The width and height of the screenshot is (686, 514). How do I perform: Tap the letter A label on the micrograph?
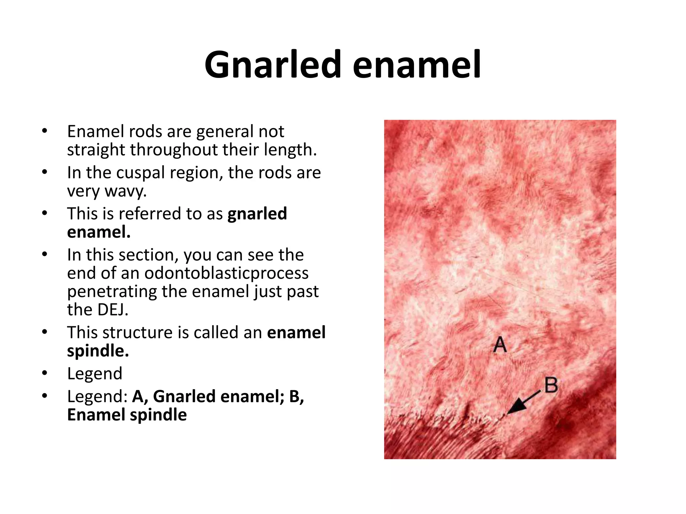click(x=500, y=344)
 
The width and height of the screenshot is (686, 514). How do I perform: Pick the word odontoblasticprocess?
click(x=226, y=273)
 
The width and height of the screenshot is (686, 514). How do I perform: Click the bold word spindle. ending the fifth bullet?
click(x=98, y=351)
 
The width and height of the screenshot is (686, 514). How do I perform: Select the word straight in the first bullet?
click(x=96, y=150)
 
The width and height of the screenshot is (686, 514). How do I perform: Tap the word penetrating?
click(x=112, y=291)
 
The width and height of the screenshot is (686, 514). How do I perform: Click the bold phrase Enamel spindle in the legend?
click(x=127, y=415)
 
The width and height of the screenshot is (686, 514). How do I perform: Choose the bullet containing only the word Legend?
click(x=94, y=373)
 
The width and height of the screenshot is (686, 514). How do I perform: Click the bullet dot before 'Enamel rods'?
click(x=45, y=131)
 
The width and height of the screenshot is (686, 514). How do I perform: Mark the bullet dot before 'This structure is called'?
click(x=45, y=332)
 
